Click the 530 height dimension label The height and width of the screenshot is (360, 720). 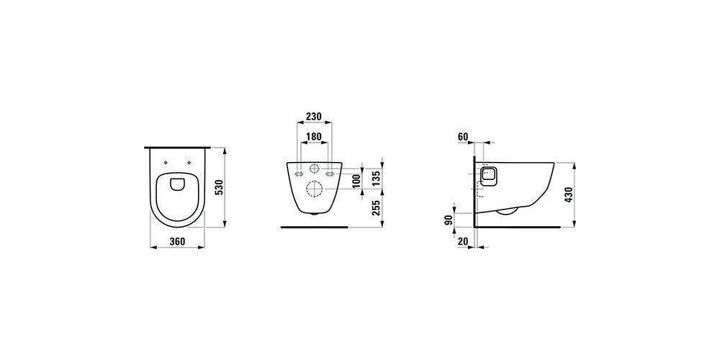pyautogui.click(x=220, y=187)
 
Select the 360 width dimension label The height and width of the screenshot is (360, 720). pyautogui.click(x=177, y=241)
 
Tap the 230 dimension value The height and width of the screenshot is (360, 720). pyautogui.click(x=314, y=116)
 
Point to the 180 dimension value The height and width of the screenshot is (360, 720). pyautogui.click(x=314, y=136)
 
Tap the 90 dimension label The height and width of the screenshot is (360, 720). pyautogui.click(x=449, y=220)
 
